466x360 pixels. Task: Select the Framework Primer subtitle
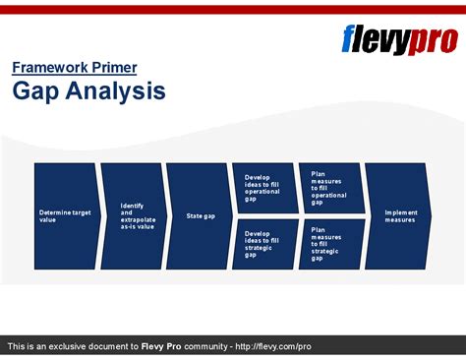tap(75, 68)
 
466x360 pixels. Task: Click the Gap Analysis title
tap(88, 91)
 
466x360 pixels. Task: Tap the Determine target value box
tap(65, 215)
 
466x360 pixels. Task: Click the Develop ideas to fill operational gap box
tap(264, 187)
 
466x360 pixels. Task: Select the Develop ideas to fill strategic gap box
tap(264, 243)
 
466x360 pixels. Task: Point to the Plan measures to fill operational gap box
tap(329, 187)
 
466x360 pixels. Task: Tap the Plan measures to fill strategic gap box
tap(329, 243)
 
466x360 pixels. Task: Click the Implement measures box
tap(397, 215)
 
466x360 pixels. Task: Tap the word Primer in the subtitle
tap(116, 68)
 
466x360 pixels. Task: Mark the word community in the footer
tap(203, 346)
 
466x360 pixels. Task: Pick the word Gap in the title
tap(33, 91)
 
